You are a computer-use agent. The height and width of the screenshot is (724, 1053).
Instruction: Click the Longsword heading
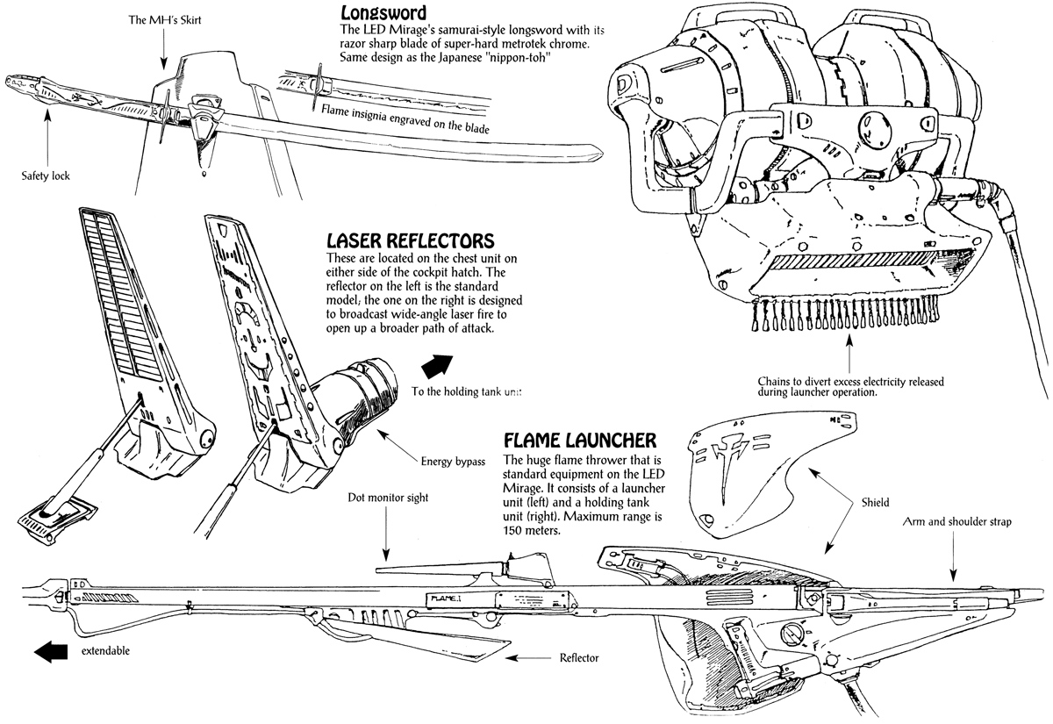[383, 13]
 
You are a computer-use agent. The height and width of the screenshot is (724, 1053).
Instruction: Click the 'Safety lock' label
[46, 176]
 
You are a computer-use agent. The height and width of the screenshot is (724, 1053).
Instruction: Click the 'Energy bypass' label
[453, 462]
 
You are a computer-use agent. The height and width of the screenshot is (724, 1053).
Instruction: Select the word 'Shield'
[876, 503]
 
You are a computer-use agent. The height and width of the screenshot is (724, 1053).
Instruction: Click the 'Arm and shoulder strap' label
[956, 521]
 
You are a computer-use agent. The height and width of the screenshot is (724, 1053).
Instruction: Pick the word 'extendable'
[106, 651]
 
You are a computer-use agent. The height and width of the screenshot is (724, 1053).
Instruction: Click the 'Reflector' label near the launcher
[579, 657]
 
